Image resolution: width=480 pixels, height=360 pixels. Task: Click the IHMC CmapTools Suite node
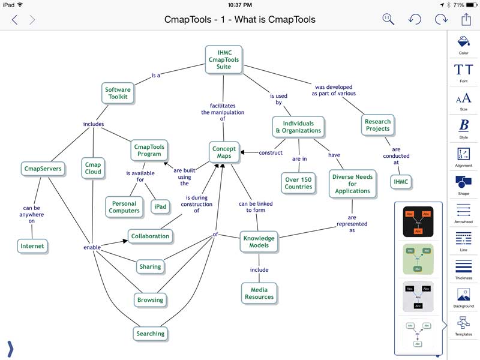pyautogui.click(x=224, y=60)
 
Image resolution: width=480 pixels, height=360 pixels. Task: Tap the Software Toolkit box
pyautogui.click(x=118, y=93)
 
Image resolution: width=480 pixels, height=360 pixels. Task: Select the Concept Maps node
pyautogui.click(x=224, y=152)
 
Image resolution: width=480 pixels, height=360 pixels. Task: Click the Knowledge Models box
pyautogui.click(x=259, y=242)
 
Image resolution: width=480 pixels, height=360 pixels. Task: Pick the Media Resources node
pyautogui.click(x=259, y=293)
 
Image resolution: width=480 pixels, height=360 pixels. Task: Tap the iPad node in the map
pyautogui.click(x=160, y=206)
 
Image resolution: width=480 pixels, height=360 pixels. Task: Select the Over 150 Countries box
pyautogui.click(x=299, y=182)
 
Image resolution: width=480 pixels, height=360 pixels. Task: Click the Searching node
pyautogui.click(x=150, y=334)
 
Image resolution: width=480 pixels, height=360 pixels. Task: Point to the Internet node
pyautogui.click(x=32, y=246)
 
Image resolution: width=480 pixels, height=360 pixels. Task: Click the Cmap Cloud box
pyautogui.click(x=93, y=168)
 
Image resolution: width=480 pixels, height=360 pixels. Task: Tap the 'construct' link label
pyautogui.click(x=271, y=152)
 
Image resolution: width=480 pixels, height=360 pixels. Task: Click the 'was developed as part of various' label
pyautogui.click(x=334, y=90)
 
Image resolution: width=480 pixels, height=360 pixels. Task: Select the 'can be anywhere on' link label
pyautogui.click(x=32, y=214)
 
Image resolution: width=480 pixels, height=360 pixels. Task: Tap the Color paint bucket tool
pyautogui.click(x=463, y=43)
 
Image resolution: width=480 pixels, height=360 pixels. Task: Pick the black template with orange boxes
pyautogui.click(x=418, y=222)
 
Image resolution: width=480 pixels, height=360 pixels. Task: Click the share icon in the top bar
pyautogui.click(x=466, y=19)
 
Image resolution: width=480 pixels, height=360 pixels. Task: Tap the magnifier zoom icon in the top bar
pyautogui.click(x=388, y=19)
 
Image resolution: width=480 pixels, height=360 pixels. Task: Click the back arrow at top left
pyautogui.click(x=14, y=20)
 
